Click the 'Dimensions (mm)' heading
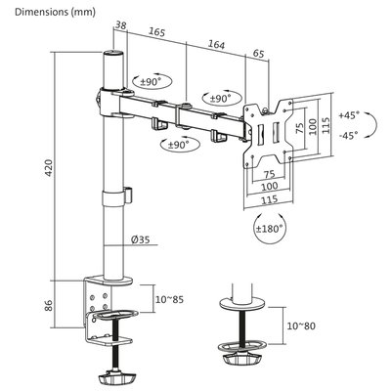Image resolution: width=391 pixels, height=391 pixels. [55, 12]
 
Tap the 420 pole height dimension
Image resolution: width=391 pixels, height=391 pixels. [48, 168]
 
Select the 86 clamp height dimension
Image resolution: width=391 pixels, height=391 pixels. [48, 305]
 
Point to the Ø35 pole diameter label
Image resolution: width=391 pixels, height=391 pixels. [141, 239]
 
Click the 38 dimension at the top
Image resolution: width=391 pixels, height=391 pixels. [120, 25]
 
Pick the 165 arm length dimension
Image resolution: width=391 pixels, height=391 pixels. [157, 31]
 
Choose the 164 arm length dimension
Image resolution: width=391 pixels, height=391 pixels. [217, 44]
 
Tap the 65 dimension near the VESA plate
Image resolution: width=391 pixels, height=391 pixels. [258, 53]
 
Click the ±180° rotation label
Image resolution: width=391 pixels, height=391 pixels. [269, 229]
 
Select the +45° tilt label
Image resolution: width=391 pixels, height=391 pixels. [348, 115]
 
